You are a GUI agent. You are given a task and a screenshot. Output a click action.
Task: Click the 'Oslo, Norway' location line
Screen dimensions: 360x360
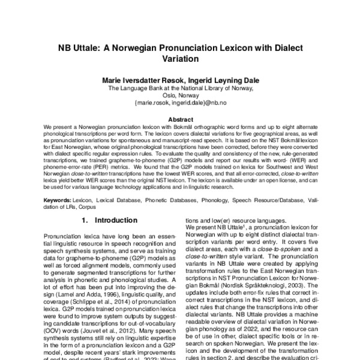click(180, 95)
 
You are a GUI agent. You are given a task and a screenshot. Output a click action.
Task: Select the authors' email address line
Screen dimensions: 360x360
click(180, 103)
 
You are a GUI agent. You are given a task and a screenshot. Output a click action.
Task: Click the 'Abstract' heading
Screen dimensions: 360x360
click(180, 120)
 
